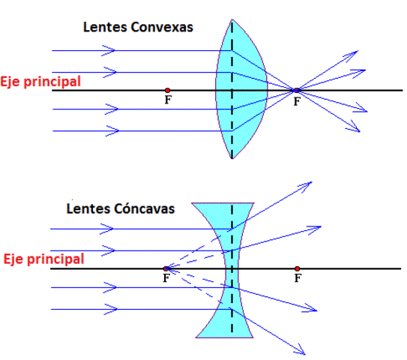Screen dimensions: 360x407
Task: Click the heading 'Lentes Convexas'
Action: point(138,28)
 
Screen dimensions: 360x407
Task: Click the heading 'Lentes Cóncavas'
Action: point(121,208)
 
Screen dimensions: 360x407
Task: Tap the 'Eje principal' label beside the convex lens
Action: point(40,81)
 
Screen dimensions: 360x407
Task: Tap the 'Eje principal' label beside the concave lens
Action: point(43,259)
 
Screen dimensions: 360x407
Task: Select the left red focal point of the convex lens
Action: point(167,91)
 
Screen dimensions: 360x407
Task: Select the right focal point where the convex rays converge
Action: point(297,91)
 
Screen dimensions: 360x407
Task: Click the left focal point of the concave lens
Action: point(166,268)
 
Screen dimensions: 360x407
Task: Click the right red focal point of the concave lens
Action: point(298,268)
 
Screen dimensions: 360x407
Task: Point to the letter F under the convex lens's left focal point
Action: point(167,100)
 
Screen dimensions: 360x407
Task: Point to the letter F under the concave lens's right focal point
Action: point(298,277)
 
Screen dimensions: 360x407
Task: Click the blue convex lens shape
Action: point(244,90)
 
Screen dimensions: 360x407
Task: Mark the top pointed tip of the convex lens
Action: point(232,21)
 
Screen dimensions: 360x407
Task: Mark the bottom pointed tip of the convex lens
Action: point(232,159)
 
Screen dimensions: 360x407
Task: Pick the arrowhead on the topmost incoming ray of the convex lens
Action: point(111,50)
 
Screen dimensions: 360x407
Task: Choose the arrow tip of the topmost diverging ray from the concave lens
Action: point(310,182)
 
